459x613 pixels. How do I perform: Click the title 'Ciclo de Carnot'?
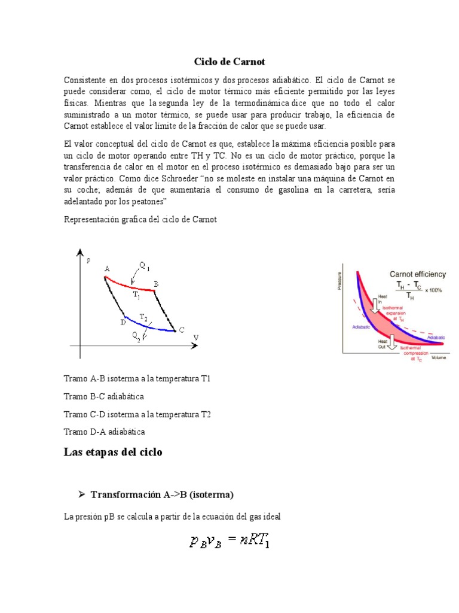point(229,62)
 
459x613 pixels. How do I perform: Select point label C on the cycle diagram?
point(181,329)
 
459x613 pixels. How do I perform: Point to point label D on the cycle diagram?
point(122,322)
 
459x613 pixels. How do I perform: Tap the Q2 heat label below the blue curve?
point(137,338)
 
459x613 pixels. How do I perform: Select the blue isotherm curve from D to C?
point(149,327)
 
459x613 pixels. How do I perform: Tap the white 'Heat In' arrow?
point(377,304)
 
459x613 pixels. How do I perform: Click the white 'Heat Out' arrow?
point(392,341)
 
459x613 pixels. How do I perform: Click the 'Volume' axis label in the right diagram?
point(439,357)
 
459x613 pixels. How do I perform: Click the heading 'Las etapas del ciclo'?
point(112,452)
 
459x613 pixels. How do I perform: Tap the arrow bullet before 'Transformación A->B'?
point(82,494)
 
